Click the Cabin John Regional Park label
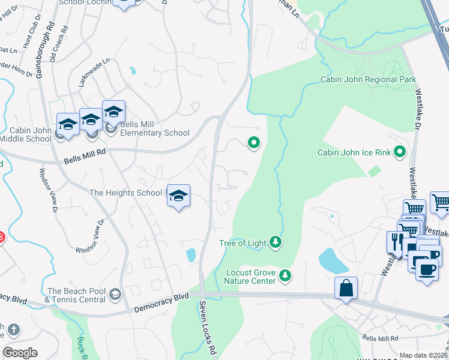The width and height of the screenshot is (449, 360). [x=368, y=79]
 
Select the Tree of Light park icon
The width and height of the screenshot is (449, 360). [x=276, y=242]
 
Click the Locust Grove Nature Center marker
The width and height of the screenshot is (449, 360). [x=286, y=275]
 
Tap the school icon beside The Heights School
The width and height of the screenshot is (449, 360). [x=178, y=196]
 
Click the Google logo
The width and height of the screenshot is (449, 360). [x=19, y=353]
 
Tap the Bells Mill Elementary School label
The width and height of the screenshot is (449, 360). [x=155, y=133]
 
